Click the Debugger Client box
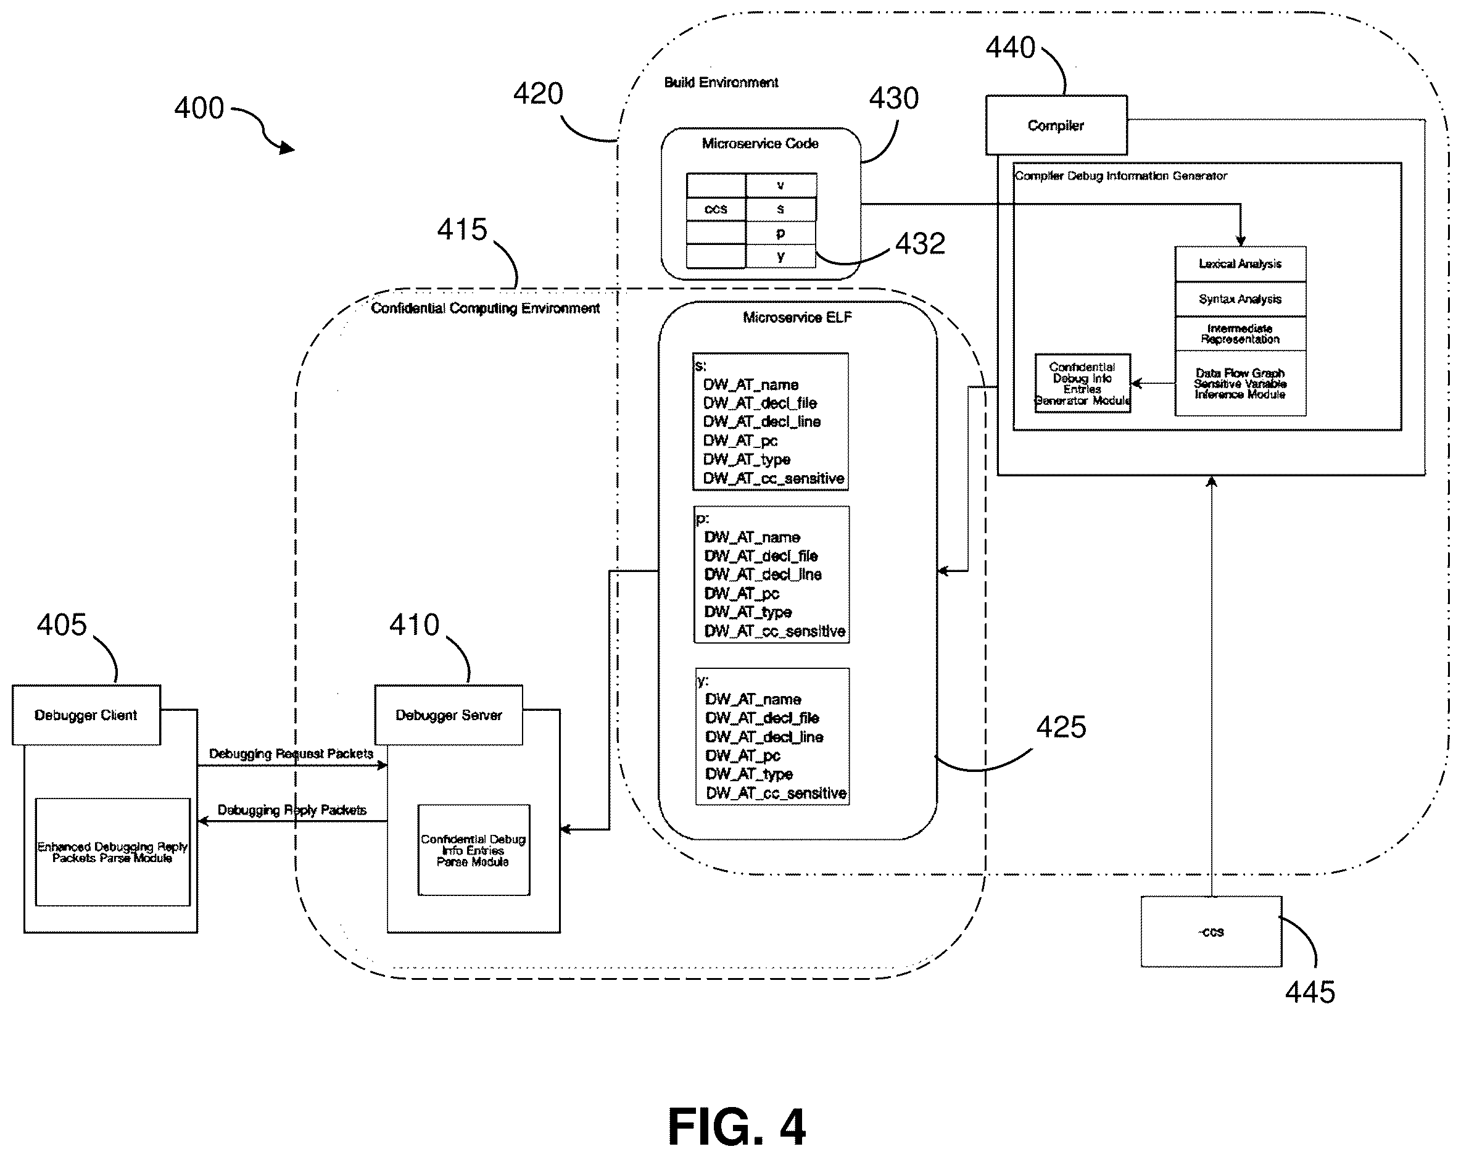point(86,715)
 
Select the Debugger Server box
point(449,715)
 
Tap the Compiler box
point(1056,125)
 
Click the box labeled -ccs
point(1211,931)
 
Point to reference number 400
point(199,109)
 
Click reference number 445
point(1310,992)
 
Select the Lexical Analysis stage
point(1240,264)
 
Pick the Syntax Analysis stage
point(1240,299)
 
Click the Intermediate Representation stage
point(1240,334)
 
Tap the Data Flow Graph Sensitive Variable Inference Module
point(1240,383)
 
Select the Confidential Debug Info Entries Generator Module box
point(1082,383)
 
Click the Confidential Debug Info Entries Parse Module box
point(473,850)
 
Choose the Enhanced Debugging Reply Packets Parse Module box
point(112,852)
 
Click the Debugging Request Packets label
point(291,754)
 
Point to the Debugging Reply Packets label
point(292,810)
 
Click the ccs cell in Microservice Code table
point(716,209)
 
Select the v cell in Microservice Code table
point(781,185)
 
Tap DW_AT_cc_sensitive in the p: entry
point(775,631)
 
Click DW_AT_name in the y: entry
point(753,699)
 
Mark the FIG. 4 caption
point(737,1127)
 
